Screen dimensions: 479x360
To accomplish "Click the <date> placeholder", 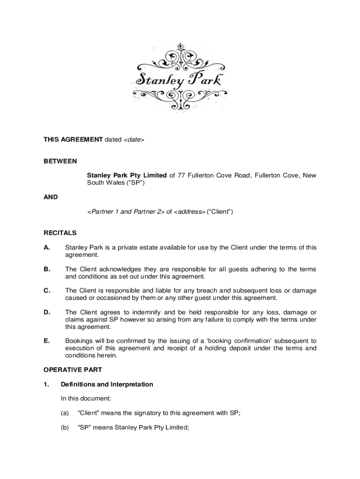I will [x=134, y=139].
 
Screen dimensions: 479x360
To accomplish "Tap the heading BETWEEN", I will [x=60, y=161].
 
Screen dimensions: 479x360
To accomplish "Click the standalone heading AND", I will [x=51, y=197].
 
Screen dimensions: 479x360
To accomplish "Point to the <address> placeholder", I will [x=189, y=212].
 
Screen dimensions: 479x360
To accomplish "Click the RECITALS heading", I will [x=60, y=232].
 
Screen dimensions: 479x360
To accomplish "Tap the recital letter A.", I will [x=47, y=247].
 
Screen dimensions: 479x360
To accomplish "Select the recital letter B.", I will [x=47, y=269].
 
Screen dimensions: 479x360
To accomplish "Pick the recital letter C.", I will [x=47, y=290].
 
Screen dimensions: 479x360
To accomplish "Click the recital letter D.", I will [x=47, y=312].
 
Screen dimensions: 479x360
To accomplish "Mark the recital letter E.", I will [x=47, y=341].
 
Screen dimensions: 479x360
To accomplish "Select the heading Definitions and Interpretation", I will [x=107, y=385].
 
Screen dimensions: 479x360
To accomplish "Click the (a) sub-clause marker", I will [x=65, y=413].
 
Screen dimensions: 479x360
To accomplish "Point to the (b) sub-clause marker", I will [x=65, y=427].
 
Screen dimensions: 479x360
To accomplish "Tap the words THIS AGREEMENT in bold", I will [x=73, y=139].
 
